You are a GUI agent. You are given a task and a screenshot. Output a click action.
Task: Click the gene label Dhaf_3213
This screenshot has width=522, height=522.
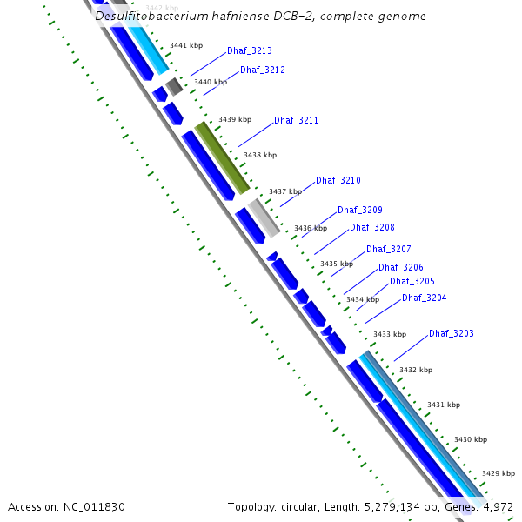click(250, 51)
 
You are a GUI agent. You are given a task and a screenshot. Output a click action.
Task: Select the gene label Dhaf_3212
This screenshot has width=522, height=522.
click(263, 70)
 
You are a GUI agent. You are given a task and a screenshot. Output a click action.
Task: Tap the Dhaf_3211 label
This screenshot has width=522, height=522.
click(296, 120)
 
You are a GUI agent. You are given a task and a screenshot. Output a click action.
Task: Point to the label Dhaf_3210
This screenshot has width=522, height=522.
click(338, 180)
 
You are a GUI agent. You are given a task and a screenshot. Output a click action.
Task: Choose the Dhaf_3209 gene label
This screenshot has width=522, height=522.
click(360, 211)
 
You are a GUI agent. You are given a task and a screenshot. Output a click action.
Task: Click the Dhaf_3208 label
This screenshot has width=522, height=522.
click(372, 228)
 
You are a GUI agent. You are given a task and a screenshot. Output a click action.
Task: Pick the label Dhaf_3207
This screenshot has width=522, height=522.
click(389, 250)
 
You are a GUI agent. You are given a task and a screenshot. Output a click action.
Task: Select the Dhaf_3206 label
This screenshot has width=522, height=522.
click(401, 267)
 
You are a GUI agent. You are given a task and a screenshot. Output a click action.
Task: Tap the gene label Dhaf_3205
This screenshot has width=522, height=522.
click(412, 282)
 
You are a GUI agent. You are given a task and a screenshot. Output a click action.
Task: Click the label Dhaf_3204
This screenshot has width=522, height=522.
click(425, 298)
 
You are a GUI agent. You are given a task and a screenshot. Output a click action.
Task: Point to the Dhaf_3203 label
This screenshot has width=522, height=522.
click(452, 334)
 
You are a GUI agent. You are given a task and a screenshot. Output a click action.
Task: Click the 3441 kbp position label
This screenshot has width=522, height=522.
click(185, 45)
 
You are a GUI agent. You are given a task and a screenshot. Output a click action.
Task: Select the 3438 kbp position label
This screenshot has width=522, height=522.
click(260, 155)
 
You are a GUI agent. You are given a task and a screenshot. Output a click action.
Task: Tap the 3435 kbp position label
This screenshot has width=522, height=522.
click(337, 264)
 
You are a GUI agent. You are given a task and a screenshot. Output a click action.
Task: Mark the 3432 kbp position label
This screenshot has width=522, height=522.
click(415, 370)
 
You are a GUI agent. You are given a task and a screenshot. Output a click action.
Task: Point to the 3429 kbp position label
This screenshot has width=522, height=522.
click(499, 474)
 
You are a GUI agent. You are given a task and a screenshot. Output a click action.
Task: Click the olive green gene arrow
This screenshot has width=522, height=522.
click(223, 157)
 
